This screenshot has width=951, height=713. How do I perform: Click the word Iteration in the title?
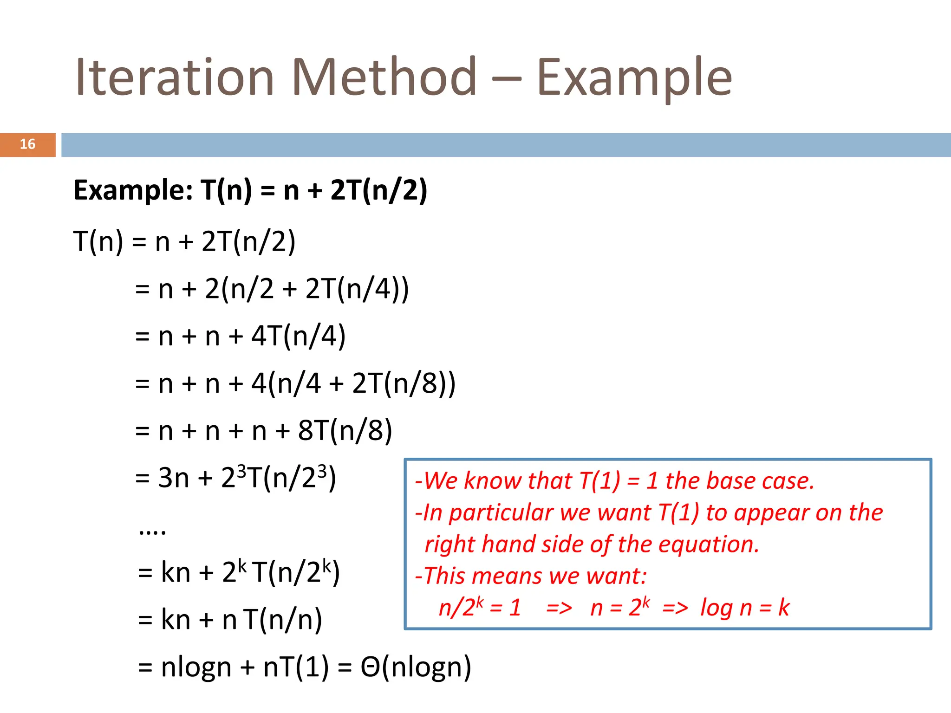click(175, 77)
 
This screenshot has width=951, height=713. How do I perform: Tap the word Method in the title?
click(384, 77)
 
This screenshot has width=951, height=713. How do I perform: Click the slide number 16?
click(27, 144)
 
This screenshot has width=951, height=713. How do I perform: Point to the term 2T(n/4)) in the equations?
click(357, 289)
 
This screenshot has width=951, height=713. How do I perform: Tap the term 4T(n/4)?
click(299, 336)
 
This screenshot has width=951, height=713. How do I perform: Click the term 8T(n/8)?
click(345, 431)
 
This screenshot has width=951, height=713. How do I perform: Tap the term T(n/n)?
click(283, 620)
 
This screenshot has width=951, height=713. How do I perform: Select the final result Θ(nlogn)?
click(416, 668)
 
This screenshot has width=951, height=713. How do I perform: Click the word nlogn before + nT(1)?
click(196, 668)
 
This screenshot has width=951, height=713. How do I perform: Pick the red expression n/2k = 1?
click(480, 608)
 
